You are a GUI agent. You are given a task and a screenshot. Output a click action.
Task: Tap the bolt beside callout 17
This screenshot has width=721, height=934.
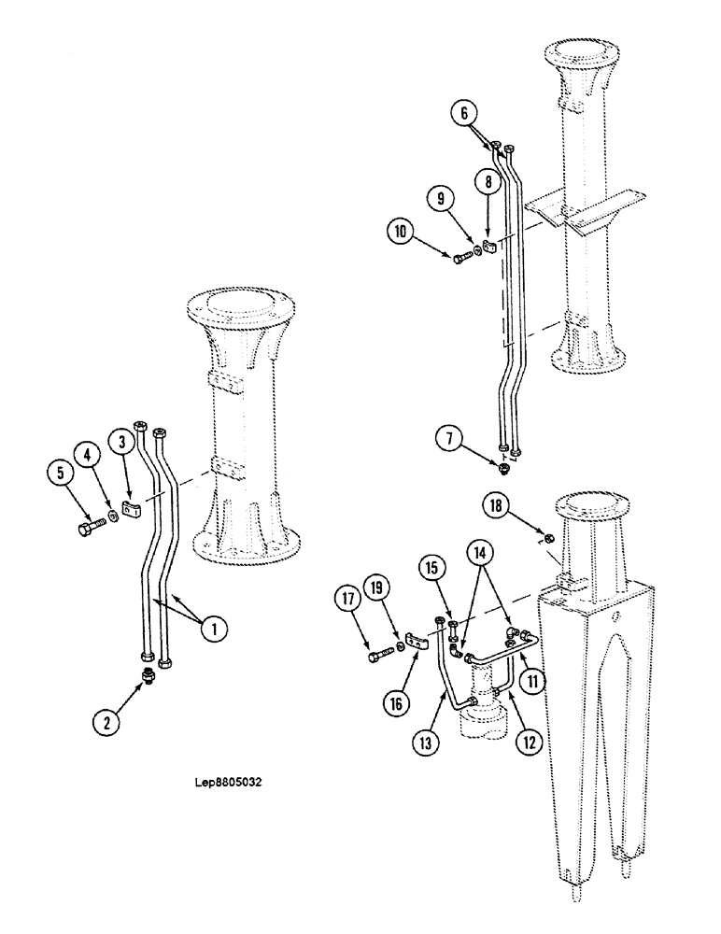click(x=378, y=658)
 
